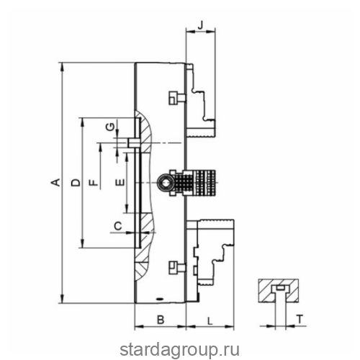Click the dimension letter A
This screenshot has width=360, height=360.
click(55, 183)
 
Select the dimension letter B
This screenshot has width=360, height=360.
click(161, 320)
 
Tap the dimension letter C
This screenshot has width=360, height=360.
click(118, 226)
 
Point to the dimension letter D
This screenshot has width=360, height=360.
click(76, 183)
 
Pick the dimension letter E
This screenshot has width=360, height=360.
click(120, 183)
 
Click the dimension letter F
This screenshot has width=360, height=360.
click(94, 183)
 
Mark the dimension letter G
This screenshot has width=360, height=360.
click(111, 126)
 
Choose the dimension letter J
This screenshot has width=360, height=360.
click(202, 24)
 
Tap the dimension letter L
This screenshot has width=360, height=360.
click(210, 321)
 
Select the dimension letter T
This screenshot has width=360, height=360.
click(300, 319)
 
